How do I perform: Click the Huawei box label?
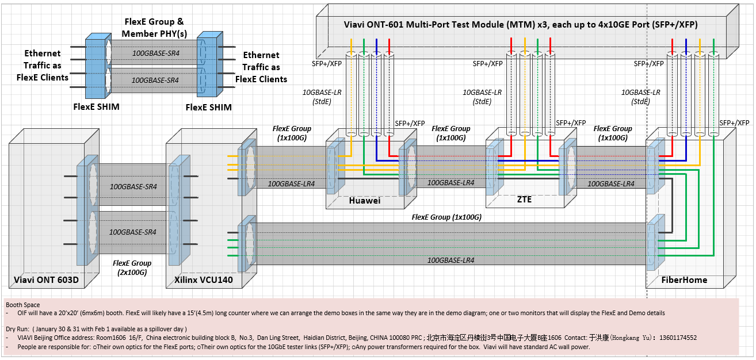coord(365,200)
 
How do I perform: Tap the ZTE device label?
coord(524,200)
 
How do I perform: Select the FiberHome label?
coord(684,280)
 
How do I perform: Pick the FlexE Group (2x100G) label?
coord(133,267)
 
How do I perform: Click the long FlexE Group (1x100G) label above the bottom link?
coord(446,217)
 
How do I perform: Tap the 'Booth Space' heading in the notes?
coord(23,305)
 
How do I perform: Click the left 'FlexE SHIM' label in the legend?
coord(97,107)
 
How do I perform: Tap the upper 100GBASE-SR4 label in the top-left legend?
coord(155,53)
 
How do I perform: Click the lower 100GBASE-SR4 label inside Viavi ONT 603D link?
coord(133,232)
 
